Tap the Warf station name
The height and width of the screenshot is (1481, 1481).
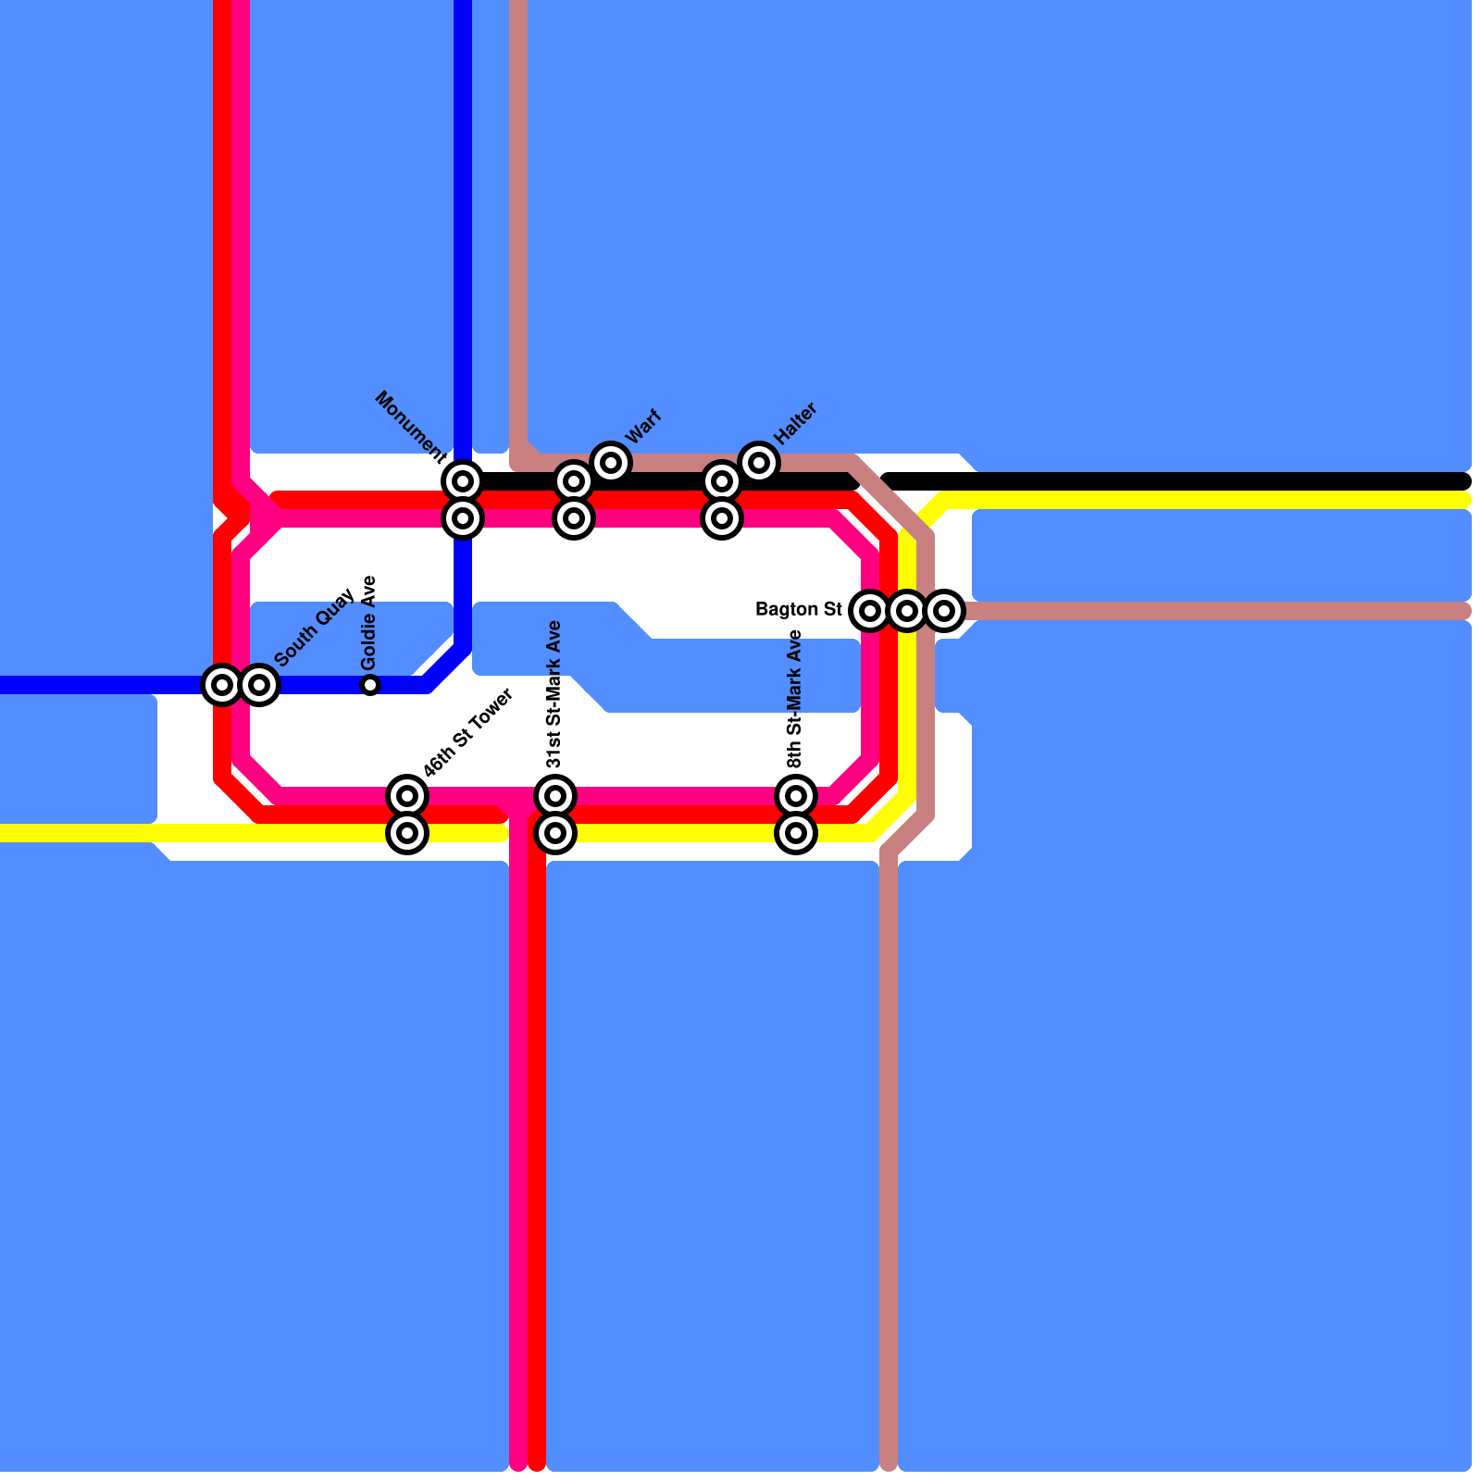[643, 427]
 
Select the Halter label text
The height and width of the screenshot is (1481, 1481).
[794, 423]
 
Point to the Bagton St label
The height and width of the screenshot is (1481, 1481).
[798, 609]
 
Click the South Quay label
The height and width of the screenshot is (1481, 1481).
[315, 627]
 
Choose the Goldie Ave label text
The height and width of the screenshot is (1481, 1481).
[369, 623]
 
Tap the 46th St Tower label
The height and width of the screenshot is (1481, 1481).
[467, 733]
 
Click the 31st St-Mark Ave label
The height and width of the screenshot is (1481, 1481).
[554, 694]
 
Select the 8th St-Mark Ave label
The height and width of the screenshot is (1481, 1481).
[795, 699]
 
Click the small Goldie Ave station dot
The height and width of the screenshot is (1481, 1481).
[370, 685]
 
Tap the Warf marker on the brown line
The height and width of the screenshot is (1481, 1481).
[611, 462]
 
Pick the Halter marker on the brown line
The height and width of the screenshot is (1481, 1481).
[759, 462]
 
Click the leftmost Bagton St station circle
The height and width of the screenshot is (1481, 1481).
[870, 610]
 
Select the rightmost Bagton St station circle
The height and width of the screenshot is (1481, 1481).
[944, 610]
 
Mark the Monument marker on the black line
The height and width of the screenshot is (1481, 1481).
[463, 481]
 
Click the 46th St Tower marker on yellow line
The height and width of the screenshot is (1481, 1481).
[407, 833]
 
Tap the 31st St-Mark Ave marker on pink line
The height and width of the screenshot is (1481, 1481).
[555, 795]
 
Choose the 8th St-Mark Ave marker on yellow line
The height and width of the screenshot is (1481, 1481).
[796, 833]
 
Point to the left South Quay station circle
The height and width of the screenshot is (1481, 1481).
[222, 685]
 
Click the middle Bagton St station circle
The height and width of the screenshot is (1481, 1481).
[907, 610]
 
